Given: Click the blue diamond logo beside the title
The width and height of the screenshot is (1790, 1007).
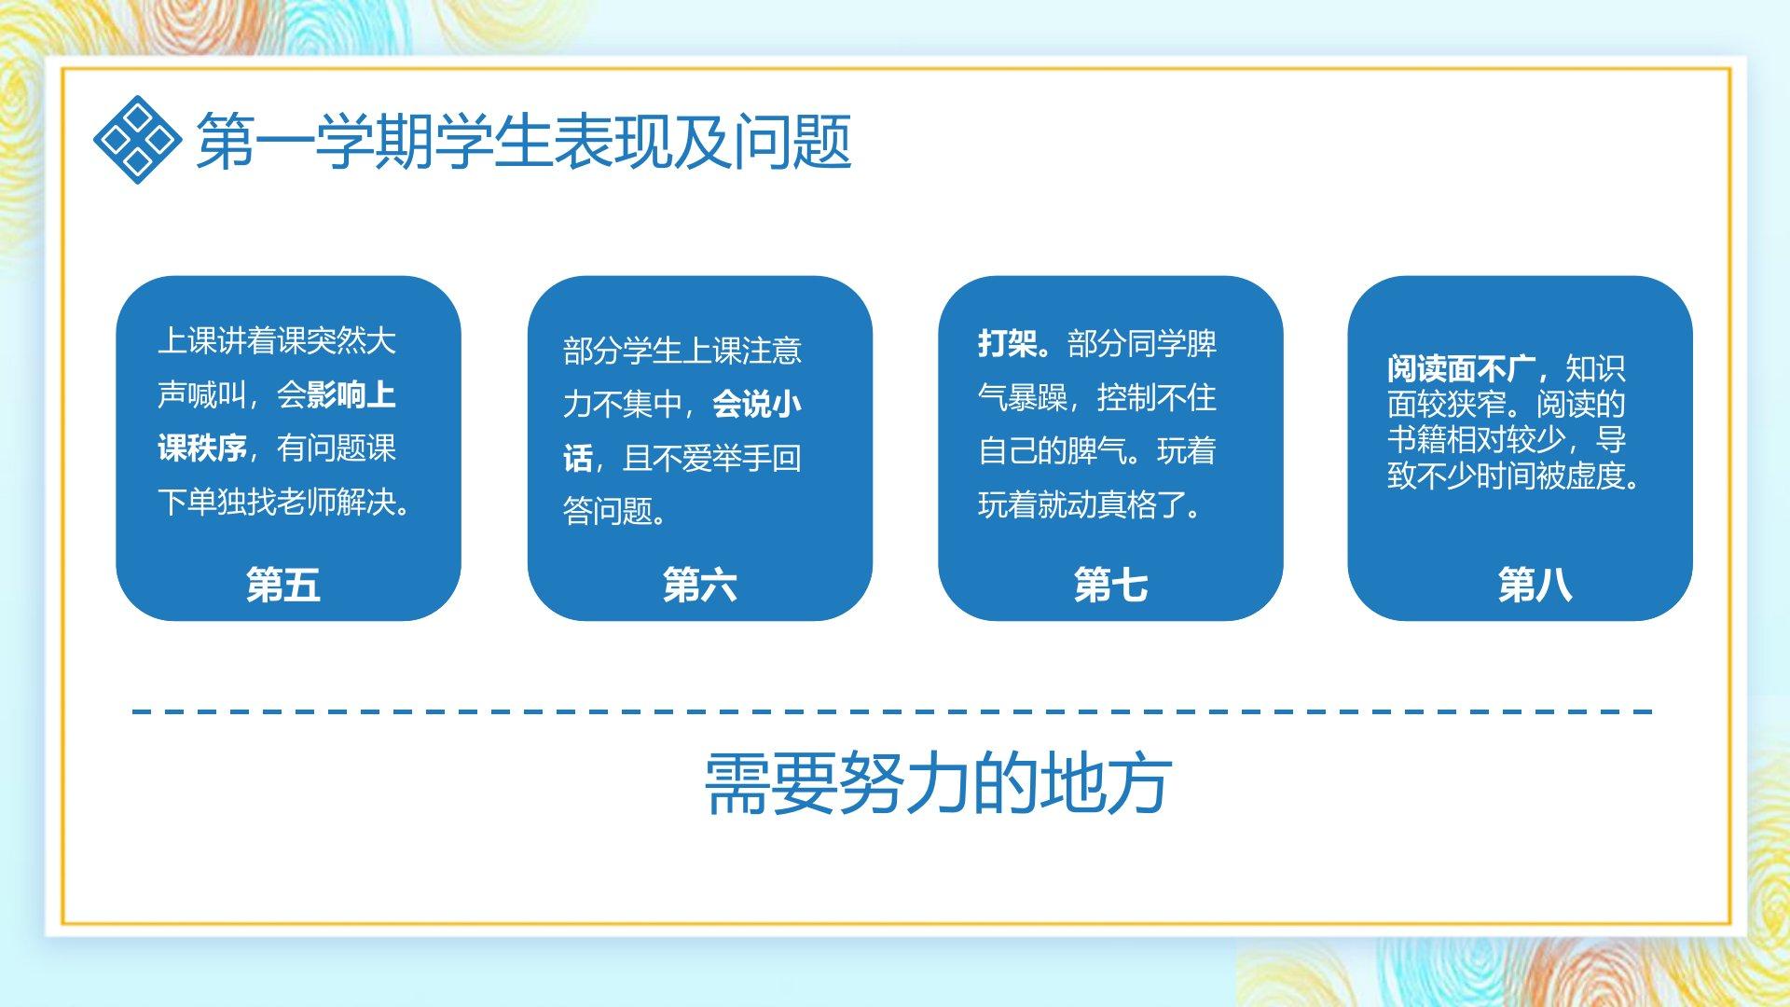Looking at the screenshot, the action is pyautogui.click(x=136, y=140).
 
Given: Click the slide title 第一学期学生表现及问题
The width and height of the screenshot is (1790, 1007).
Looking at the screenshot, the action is pyautogui.click(x=523, y=142).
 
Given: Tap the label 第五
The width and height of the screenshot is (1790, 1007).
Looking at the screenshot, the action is pyautogui.click(x=283, y=585).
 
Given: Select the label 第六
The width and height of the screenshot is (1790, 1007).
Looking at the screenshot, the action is pyautogui.click(x=700, y=585).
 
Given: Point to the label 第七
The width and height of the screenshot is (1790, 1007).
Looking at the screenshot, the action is pyautogui.click(x=1110, y=585).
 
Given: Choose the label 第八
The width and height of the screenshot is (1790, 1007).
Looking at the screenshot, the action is pyautogui.click(x=1535, y=585).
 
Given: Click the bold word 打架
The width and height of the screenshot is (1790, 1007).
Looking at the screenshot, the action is pyautogui.click(x=1008, y=343).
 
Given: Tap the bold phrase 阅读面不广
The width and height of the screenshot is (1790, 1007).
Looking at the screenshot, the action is pyautogui.click(x=1461, y=368).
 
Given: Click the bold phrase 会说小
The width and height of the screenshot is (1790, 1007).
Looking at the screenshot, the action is pyautogui.click(x=757, y=404).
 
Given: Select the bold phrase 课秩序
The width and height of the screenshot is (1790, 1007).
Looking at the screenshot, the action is pyautogui.click(x=201, y=448).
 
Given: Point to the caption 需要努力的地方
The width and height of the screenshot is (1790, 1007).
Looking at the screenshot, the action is pyautogui.click(x=938, y=783).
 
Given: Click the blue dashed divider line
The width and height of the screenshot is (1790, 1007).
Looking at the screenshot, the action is pyautogui.click(x=892, y=711).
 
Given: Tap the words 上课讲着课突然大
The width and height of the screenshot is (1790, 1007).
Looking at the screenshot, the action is pyautogui.click(x=277, y=340).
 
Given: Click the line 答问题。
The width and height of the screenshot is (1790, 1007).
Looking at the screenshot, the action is pyautogui.click(x=615, y=511).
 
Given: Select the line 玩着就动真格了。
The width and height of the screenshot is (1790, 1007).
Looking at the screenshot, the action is pyautogui.click(x=1091, y=504).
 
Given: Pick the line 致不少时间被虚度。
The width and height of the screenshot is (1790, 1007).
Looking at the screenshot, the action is pyautogui.click(x=1514, y=476).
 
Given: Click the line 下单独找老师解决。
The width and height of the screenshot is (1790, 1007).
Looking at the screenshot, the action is pyautogui.click(x=284, y=502).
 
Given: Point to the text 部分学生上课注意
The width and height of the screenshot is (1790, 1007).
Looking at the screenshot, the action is pyautogui.click(x=682, y=351).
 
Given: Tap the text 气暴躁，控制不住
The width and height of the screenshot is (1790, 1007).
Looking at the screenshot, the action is pyautogui.click(x=1097, y=397).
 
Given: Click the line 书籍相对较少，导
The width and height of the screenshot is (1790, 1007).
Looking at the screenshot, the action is pyautogui.click(x=1507, y=439).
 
